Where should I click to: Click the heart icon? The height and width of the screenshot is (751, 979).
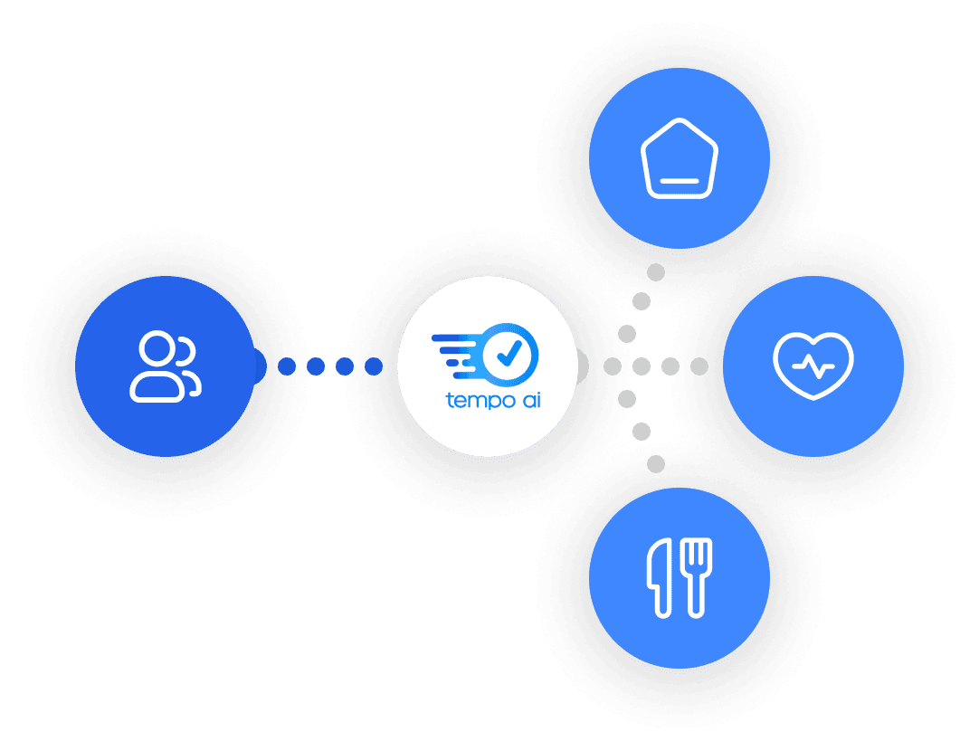[813, 366]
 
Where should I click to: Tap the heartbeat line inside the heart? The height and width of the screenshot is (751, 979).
[813, 366]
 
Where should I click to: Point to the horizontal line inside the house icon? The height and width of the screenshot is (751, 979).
[679, 181]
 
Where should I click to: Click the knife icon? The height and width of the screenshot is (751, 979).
[659, 578]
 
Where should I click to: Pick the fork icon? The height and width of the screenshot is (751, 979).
[697, 578]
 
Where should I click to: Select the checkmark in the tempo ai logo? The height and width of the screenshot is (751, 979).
[509, 351]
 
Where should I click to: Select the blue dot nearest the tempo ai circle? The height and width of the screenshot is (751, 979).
[374, 366]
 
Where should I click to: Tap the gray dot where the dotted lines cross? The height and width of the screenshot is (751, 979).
[642, 366]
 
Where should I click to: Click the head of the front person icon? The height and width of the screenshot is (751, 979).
[156, 348]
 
